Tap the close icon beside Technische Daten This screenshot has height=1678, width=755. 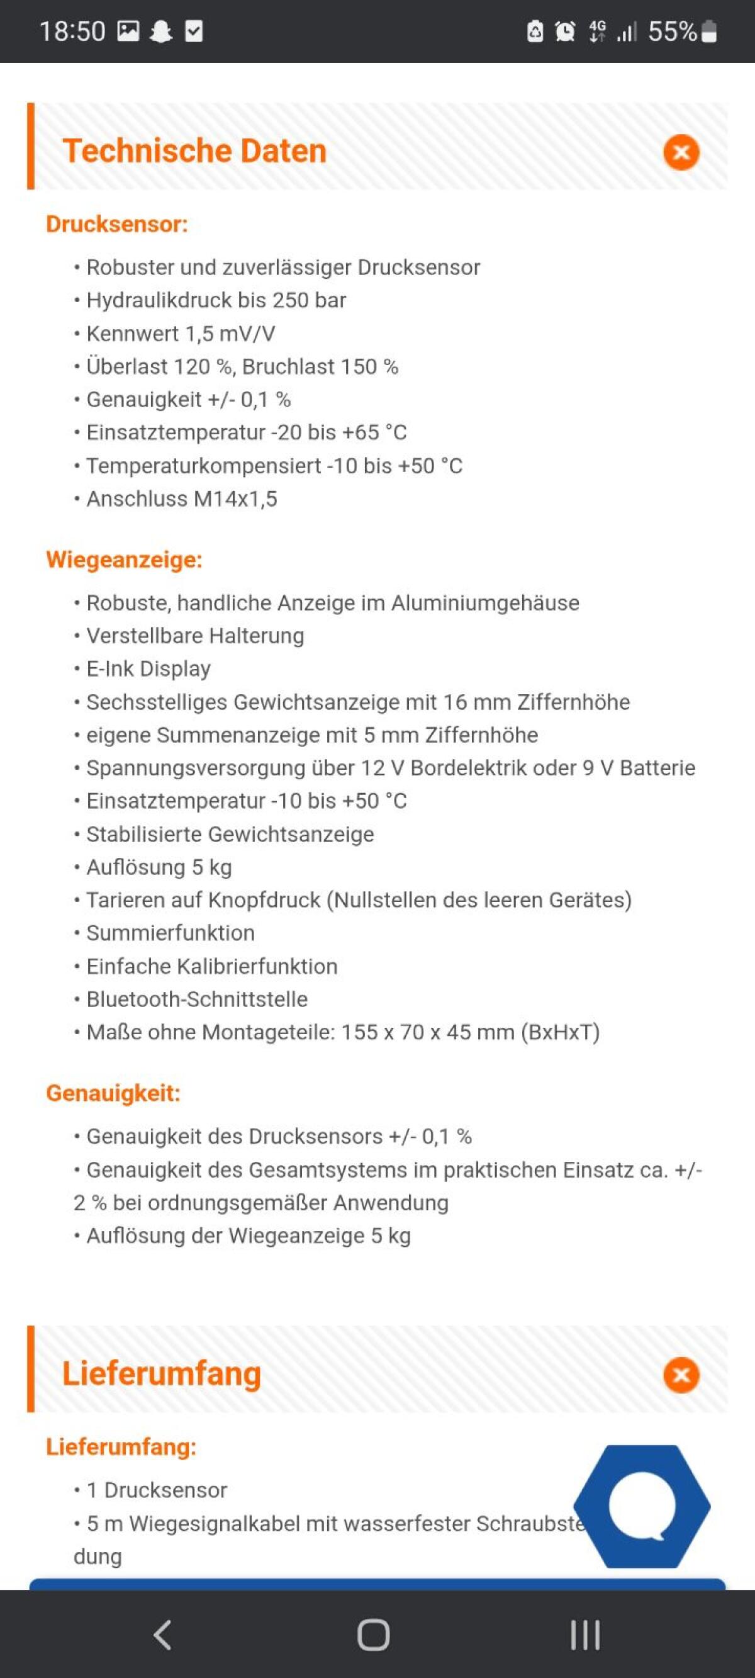click(681, 152)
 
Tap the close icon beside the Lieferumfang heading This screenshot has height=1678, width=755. click(681, 1375)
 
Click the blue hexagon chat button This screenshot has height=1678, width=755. click(642, 1506)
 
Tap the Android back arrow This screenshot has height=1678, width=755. click(163, 1635)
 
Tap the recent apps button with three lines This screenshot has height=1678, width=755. click(584, 1635)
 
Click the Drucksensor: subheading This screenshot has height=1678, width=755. click(116, 224)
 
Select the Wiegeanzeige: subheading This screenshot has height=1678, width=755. click(124, 560)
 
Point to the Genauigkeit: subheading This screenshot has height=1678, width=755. click(113, 1093)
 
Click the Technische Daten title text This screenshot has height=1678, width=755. click(194, 151)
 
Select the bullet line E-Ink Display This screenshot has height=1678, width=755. click(148, 669)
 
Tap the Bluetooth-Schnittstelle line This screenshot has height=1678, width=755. click(197, 999)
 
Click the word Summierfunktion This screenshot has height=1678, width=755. click(170, 933)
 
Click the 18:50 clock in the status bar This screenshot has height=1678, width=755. click(72, 31)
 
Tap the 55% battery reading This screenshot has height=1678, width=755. click(673, 31)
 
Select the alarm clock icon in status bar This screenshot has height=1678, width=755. click(565, 31)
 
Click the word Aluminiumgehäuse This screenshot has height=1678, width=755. click(484, 603)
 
